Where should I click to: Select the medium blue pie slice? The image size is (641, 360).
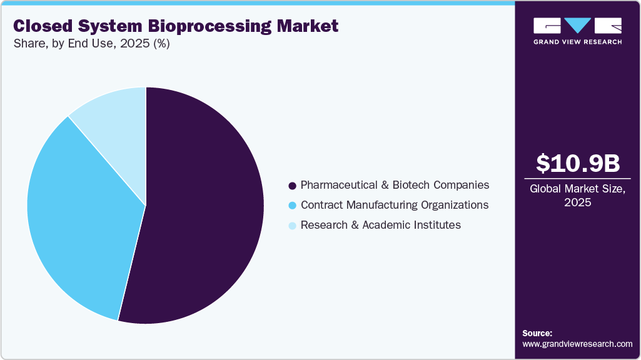click(75, 212)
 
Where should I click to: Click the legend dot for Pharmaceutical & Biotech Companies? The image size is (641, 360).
click(292, 186)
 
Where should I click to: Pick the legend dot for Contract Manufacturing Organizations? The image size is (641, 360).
click(292, 206)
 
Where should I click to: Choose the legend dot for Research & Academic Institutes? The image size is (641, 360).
click(292, 226)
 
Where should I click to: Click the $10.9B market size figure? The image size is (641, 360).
click(578, 164)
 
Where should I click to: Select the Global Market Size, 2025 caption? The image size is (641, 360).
click(578, 196)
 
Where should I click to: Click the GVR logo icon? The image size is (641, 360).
click(578, 26)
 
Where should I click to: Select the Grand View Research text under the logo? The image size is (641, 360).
click(578, 42)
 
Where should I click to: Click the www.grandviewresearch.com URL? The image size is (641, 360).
click(577, 344)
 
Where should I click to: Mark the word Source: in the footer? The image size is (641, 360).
click(537, 333)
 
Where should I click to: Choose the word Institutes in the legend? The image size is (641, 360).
click(438, 225)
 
